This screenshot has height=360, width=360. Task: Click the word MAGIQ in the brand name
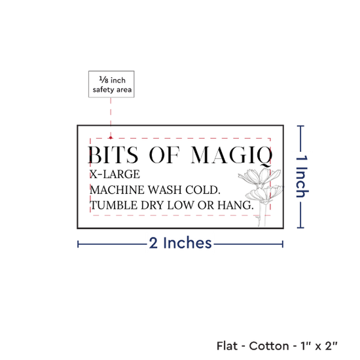click(232, 156)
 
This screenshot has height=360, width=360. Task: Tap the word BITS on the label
click(113, 155)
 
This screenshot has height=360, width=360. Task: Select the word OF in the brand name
click(164, 155)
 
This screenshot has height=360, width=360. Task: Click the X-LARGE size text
click(115, 174)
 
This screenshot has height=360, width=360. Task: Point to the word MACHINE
click(117, 190)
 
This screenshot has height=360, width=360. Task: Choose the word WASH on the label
click(164, 190)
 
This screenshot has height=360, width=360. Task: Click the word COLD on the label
click(203, 190)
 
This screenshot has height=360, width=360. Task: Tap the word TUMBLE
click(114, 206)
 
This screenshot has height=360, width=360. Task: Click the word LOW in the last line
click(181, 206)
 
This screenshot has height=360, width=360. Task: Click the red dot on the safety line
click(111, 137)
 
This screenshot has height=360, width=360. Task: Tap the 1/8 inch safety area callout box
click(111, 84)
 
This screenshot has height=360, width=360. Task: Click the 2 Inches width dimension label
click(180, 243)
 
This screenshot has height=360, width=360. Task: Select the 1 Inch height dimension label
click(302, 177)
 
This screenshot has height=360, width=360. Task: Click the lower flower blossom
click(264, 194)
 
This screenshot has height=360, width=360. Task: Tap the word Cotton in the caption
click(269, 346)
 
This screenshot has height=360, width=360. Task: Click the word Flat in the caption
click(227, 346)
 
